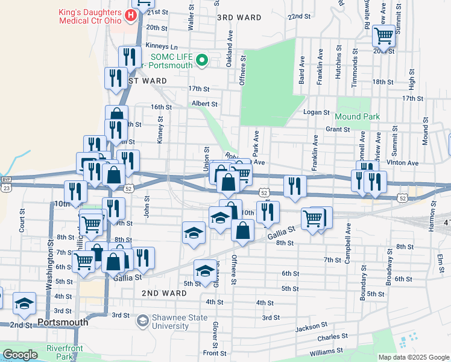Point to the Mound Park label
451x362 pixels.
(357, 116)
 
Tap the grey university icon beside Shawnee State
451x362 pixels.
(142, 320)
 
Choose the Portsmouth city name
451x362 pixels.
(63, 322)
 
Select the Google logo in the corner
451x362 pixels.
(20, 355)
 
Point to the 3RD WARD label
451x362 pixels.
(239, 17)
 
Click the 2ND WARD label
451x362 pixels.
(163, 293)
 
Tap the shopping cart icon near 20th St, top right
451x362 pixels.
(383, 36)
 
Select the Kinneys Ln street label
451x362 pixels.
(162, 46)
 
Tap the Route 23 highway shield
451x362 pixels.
(7, 188)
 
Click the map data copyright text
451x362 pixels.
(414, 357)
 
